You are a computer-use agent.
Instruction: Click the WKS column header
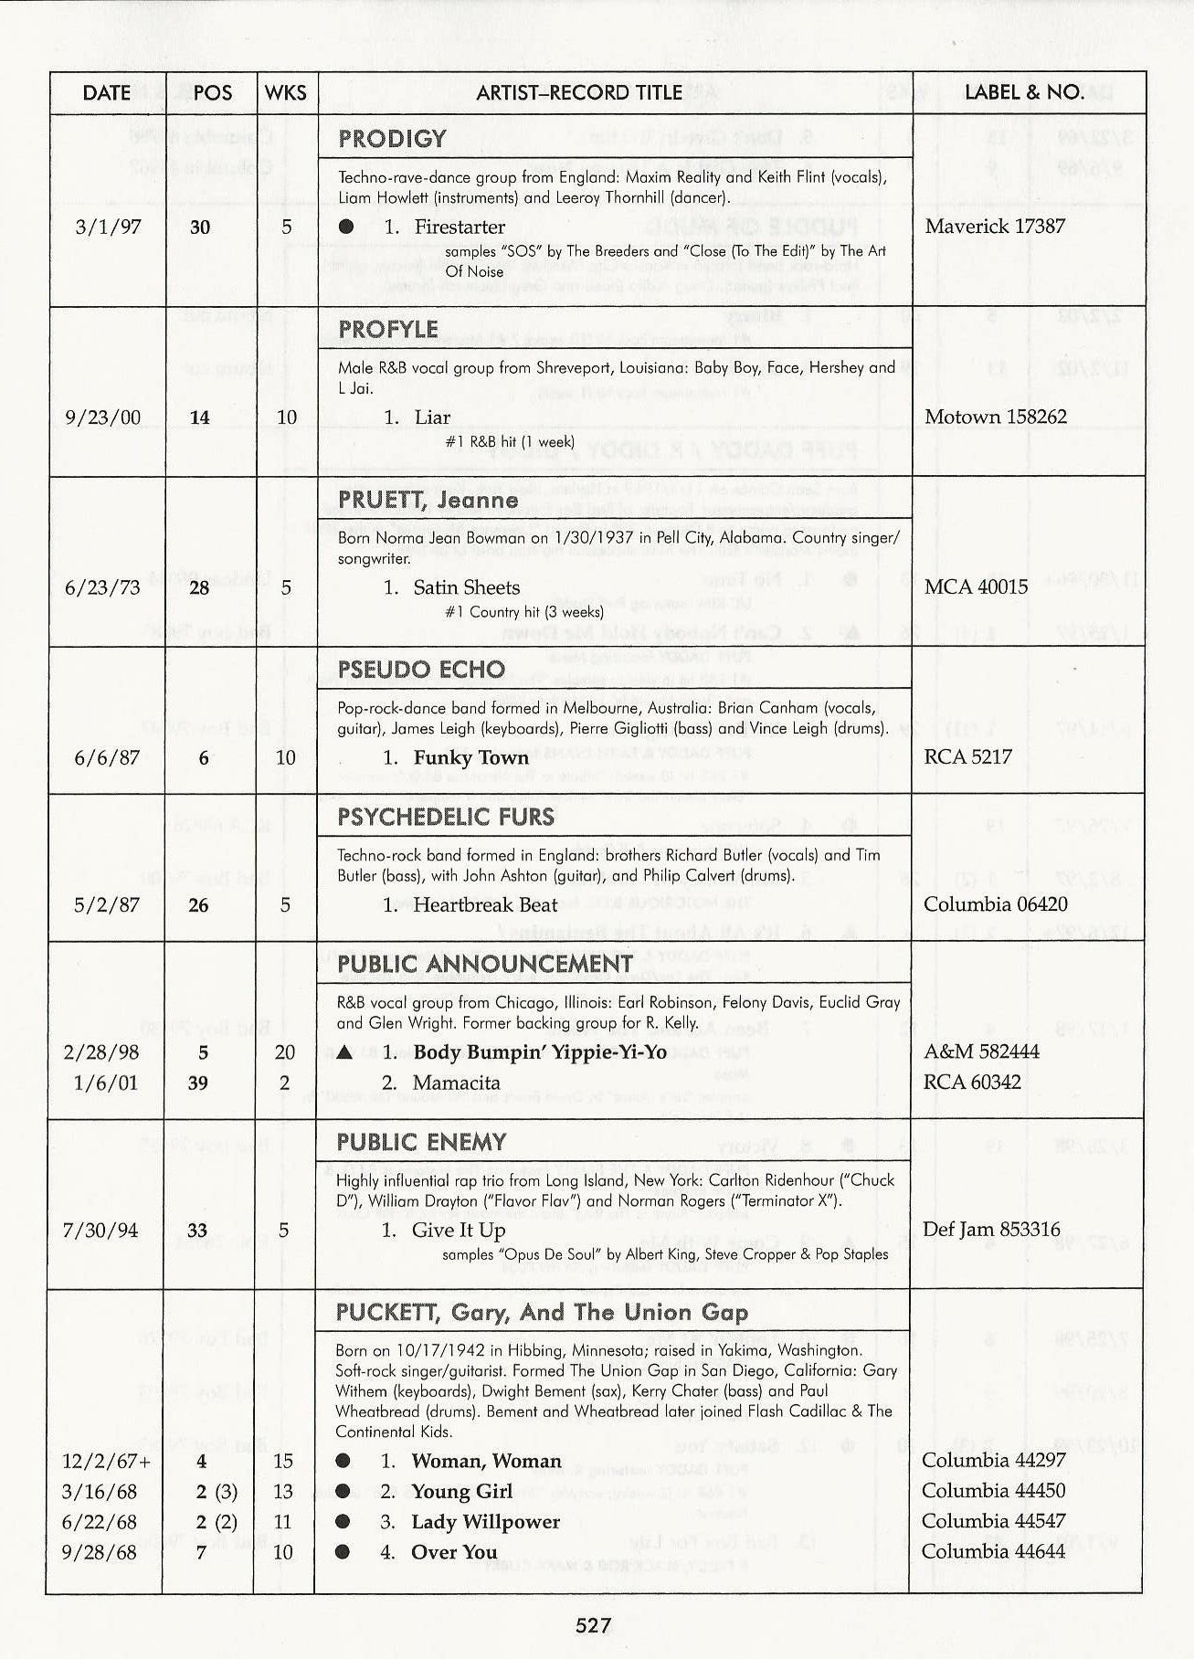285,93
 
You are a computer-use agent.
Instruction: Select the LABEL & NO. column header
1024,92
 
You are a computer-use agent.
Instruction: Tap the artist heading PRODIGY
392,139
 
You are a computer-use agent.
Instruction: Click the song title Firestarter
459,227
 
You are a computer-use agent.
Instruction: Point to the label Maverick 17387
994,226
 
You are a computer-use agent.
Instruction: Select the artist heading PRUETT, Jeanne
428,500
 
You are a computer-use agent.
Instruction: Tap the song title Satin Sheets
466,587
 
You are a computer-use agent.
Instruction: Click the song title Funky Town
470,757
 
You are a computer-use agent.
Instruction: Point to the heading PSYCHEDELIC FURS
446,817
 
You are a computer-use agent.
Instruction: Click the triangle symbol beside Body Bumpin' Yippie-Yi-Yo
344,1052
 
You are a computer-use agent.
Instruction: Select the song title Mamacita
456,1083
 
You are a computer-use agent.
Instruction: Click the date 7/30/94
100,1231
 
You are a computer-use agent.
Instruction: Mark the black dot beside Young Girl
343,1491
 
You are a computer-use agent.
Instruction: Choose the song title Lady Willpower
485,1522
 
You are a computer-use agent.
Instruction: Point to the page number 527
593,1625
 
